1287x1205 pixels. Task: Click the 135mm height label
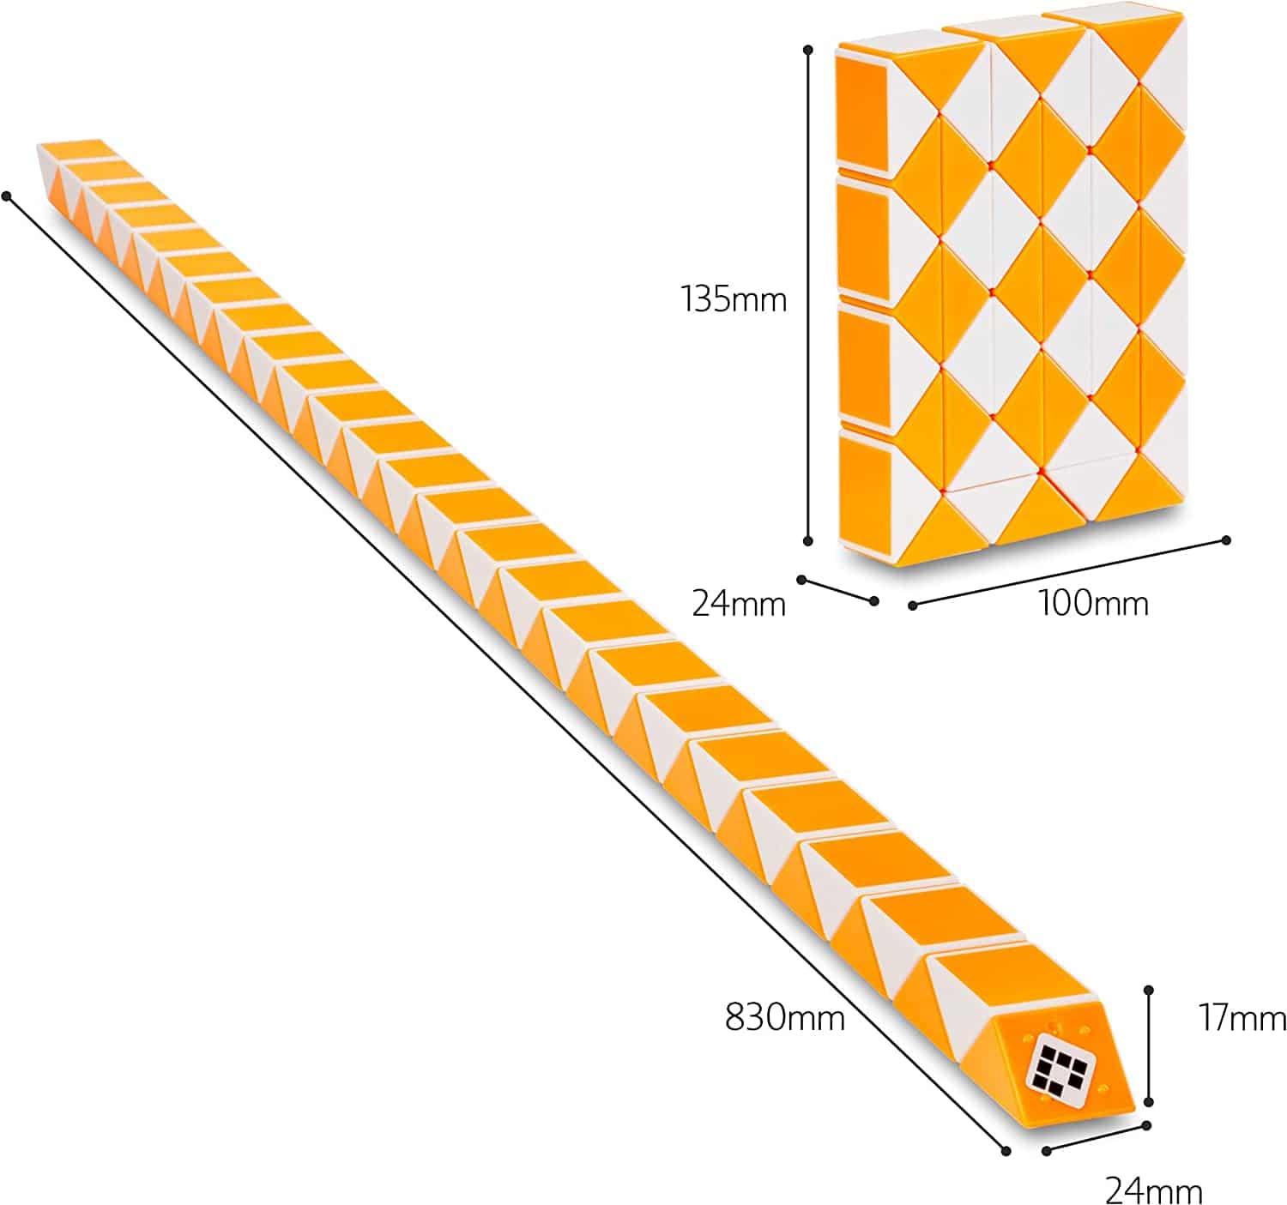tap(733, 300)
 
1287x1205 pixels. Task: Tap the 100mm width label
tap(1093, 603)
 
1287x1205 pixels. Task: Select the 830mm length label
tap(785, 1016)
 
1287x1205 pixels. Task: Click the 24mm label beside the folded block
tap(738, 604)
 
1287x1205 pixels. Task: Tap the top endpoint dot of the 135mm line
tap(807, 50)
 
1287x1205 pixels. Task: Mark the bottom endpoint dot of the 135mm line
tap(807, 540)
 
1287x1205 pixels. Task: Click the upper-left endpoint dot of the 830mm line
tap(7, 196)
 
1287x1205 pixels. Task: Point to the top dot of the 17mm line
tap(1149, 990)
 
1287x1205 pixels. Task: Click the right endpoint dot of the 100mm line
tap(1225, 539)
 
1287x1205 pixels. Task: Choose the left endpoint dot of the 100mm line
tap(912, 606)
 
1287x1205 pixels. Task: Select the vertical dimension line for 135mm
tap(807, 295)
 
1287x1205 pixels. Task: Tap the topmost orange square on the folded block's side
tap(861, 114)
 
